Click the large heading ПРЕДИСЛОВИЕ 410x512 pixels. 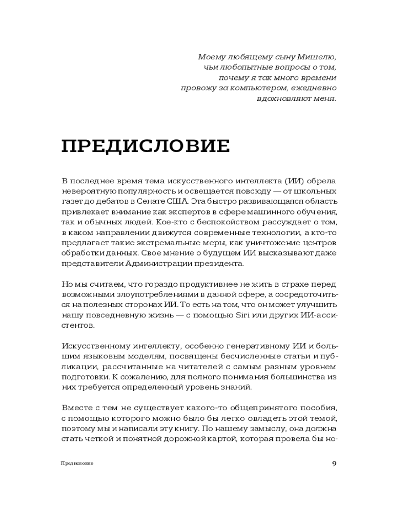(146, 146)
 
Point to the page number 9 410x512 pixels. (334, 464)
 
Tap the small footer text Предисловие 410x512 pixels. (77, 464)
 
